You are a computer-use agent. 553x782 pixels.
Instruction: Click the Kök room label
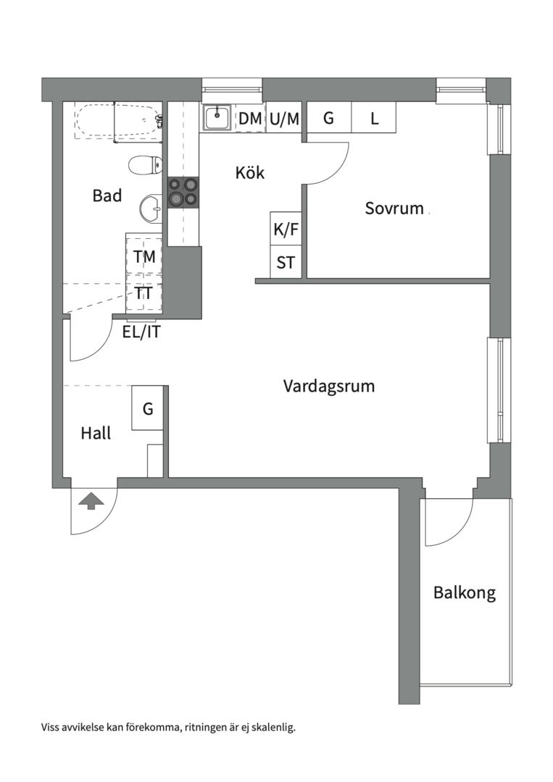pos(250,173)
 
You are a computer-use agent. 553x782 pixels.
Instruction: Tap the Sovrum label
pos(394,209)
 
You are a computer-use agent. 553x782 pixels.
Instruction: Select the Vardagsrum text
pos(329,386)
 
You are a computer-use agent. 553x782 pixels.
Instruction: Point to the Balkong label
pos(465,593)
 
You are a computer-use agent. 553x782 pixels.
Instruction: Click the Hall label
pos(96,434)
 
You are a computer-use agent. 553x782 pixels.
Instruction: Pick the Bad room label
pos(107,195)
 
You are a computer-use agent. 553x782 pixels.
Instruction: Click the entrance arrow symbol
pos(91,500)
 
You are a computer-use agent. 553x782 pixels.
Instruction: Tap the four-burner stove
pos(183,192)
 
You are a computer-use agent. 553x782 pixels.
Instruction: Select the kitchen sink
pos(217,117)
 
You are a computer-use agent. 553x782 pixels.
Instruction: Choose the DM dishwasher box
pos(250,119)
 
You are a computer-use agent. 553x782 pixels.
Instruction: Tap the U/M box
pos(283,119)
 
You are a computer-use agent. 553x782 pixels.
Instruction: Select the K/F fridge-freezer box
pos(286,230)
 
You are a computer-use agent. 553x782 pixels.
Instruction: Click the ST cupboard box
pos(286,262)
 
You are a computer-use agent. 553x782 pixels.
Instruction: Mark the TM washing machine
pos(144,256)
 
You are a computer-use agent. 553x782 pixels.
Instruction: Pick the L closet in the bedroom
pos(374,119)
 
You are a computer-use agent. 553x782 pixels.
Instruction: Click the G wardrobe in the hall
pos(148,409)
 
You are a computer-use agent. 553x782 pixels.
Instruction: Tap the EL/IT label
pos(141,333)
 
